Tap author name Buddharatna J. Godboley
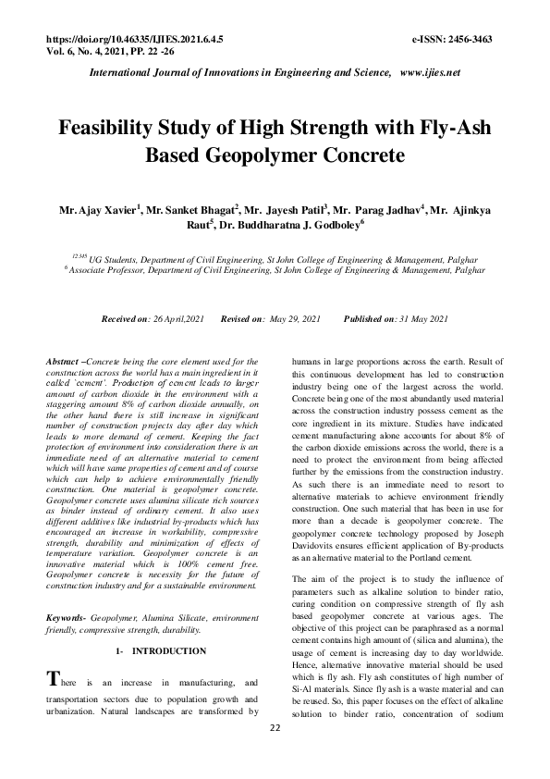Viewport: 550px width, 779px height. click(x=299, y=225)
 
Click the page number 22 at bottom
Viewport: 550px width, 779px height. click(x=275, y=754)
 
